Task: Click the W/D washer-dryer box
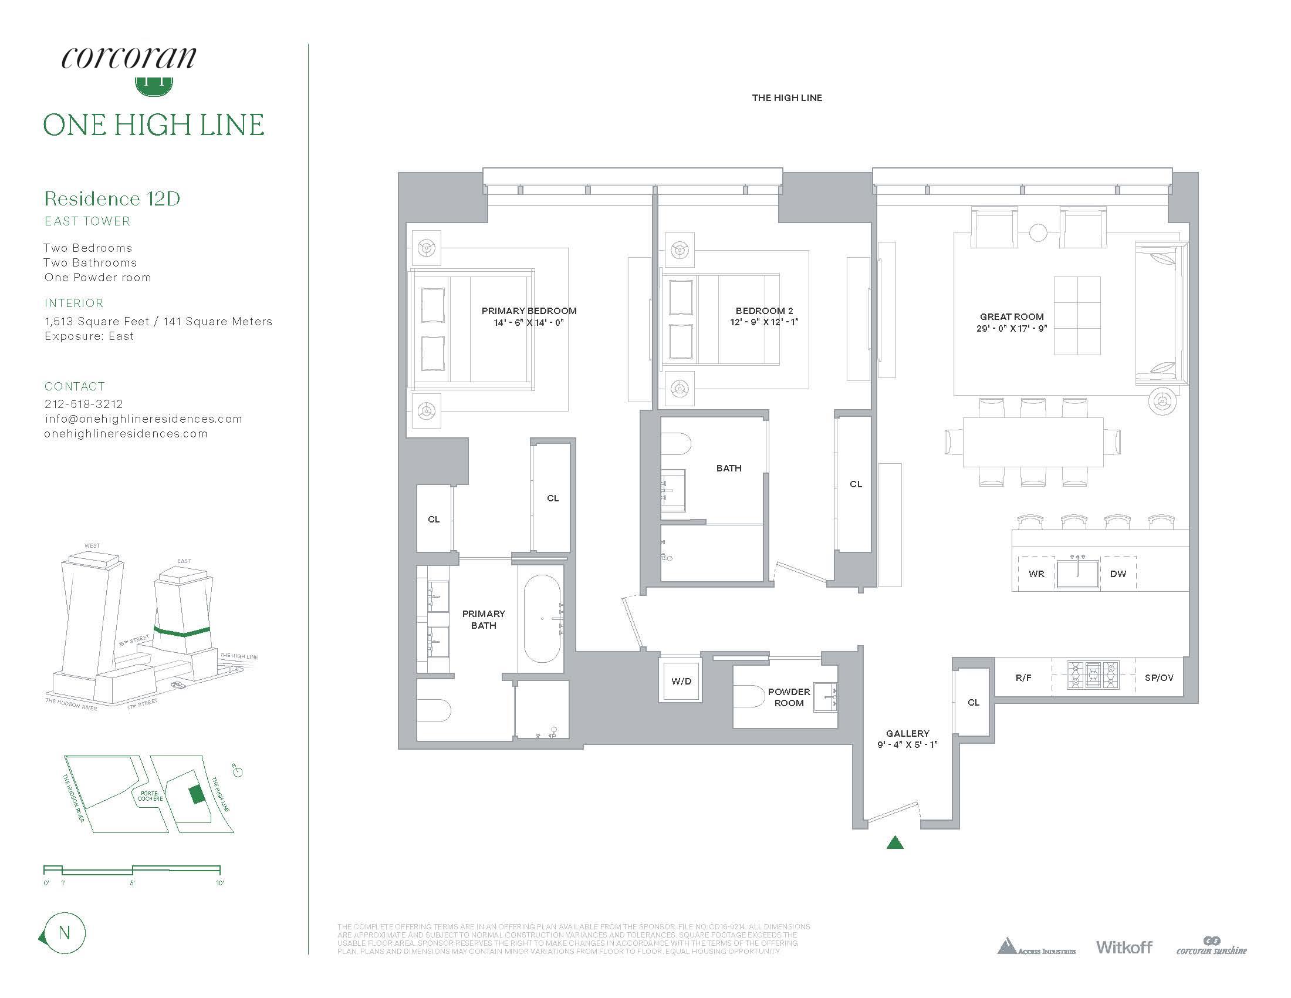pos(680,681)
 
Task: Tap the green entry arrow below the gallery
pos(895,842)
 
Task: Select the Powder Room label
pos(789,697)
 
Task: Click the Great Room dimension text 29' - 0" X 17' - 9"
pos(1012,328)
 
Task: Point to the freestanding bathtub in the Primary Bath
pos(542,618)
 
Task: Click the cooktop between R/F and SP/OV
pos(1093,675)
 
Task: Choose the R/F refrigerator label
pos(1023,677)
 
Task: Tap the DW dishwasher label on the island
pos(1118,574)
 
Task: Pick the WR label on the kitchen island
pos(1036,574)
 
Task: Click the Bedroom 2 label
pos(764,311)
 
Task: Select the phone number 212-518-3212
pos(84,404)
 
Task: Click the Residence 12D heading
pos(112,198)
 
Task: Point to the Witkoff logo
pos(1124,946)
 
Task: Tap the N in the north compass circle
pos(65,933)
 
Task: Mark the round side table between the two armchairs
pos(1038,232)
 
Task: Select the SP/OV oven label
pos(1158,677)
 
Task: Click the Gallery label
pos(907,733)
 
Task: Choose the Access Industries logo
pos(1036,946)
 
